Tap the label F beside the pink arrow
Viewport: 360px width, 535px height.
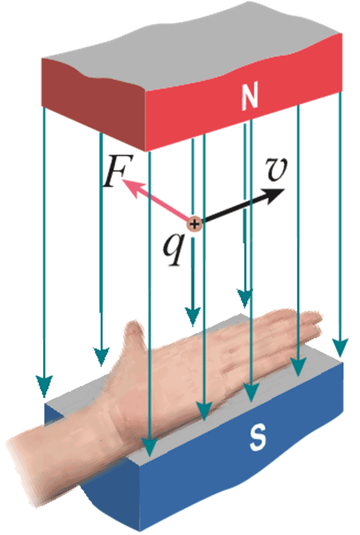[113, 174]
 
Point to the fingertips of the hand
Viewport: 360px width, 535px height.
[317, 324]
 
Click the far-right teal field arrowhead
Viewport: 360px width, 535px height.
[340, 347]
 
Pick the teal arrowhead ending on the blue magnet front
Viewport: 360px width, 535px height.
[149, 447]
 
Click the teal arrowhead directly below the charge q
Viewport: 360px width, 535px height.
[192, 316]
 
